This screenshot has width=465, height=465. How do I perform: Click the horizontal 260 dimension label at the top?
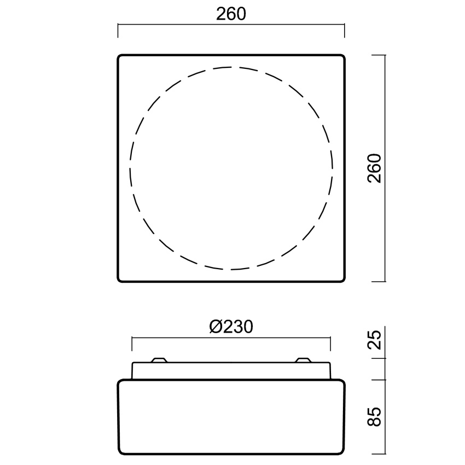pos(231,14)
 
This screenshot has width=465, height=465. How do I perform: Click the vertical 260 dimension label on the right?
pos(374,168)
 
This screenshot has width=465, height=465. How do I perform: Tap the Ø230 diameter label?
pos(231,327)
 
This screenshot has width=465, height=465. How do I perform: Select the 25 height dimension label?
pos(374,340)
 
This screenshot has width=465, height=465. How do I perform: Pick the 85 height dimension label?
pos(374,416)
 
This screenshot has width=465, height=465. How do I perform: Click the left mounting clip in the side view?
pos(159,360)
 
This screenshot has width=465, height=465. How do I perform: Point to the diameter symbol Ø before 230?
pos(216,327)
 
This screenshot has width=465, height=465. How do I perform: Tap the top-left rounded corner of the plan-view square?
pos(119,56)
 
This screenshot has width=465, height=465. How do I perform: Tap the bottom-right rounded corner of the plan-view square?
pos(343,280)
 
